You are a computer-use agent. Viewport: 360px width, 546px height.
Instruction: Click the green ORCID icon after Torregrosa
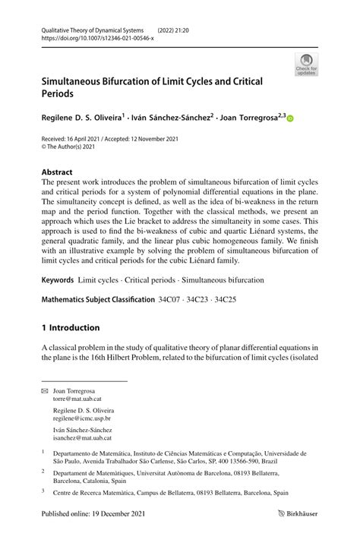tap(289, 118)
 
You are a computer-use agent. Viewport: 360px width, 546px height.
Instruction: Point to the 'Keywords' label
tap(58, 280)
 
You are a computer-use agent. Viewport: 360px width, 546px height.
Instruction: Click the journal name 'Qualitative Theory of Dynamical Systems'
tap(91, 28)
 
